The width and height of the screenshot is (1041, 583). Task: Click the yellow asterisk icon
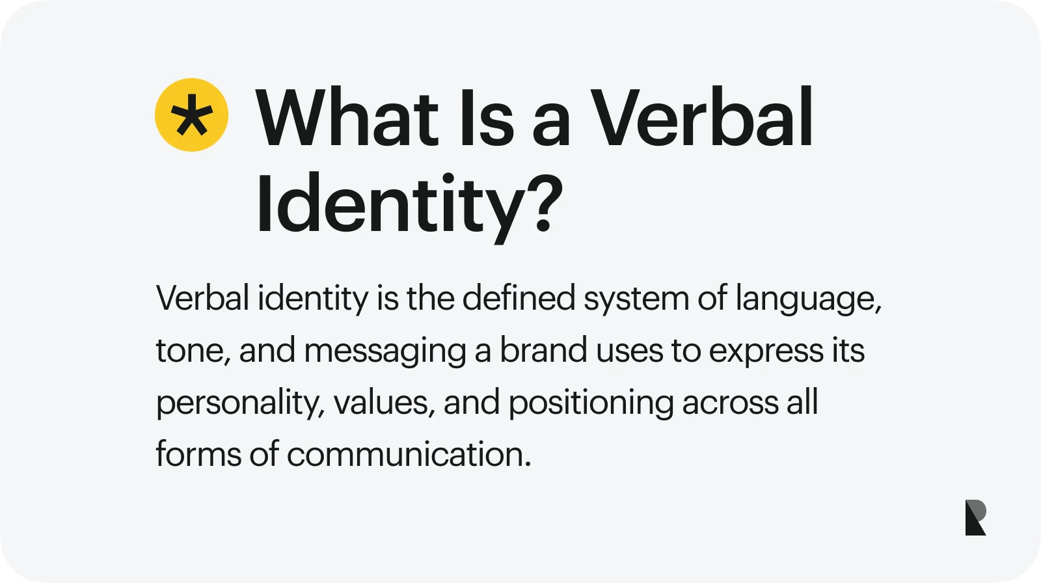coord(191,115)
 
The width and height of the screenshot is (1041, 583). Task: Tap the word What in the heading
coord(347,118)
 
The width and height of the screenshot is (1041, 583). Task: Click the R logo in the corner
coord(975,518)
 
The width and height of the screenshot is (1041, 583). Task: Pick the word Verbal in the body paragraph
coord(202,299)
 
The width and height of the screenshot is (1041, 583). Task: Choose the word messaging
coord(385,352)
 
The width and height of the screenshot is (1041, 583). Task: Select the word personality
coord(239,403)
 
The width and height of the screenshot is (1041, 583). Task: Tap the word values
coord(384,403)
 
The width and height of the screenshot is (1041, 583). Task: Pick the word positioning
coord(591,404)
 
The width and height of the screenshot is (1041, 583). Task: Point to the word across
coord(730,403)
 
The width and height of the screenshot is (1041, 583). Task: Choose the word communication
coord(409,454)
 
